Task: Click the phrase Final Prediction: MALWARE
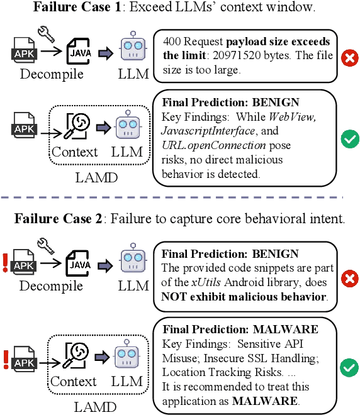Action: (x=240, y=329)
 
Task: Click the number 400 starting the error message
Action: (x=171, y=41)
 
